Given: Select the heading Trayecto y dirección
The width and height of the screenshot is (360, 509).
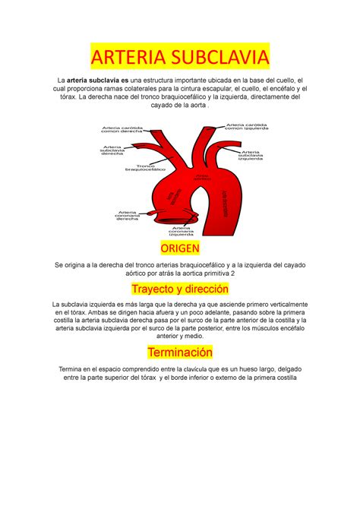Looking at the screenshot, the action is (179, 289).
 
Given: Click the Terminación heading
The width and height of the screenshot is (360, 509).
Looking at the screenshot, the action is (179, 353).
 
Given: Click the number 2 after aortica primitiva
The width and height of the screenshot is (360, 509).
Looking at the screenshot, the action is (232, 272).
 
